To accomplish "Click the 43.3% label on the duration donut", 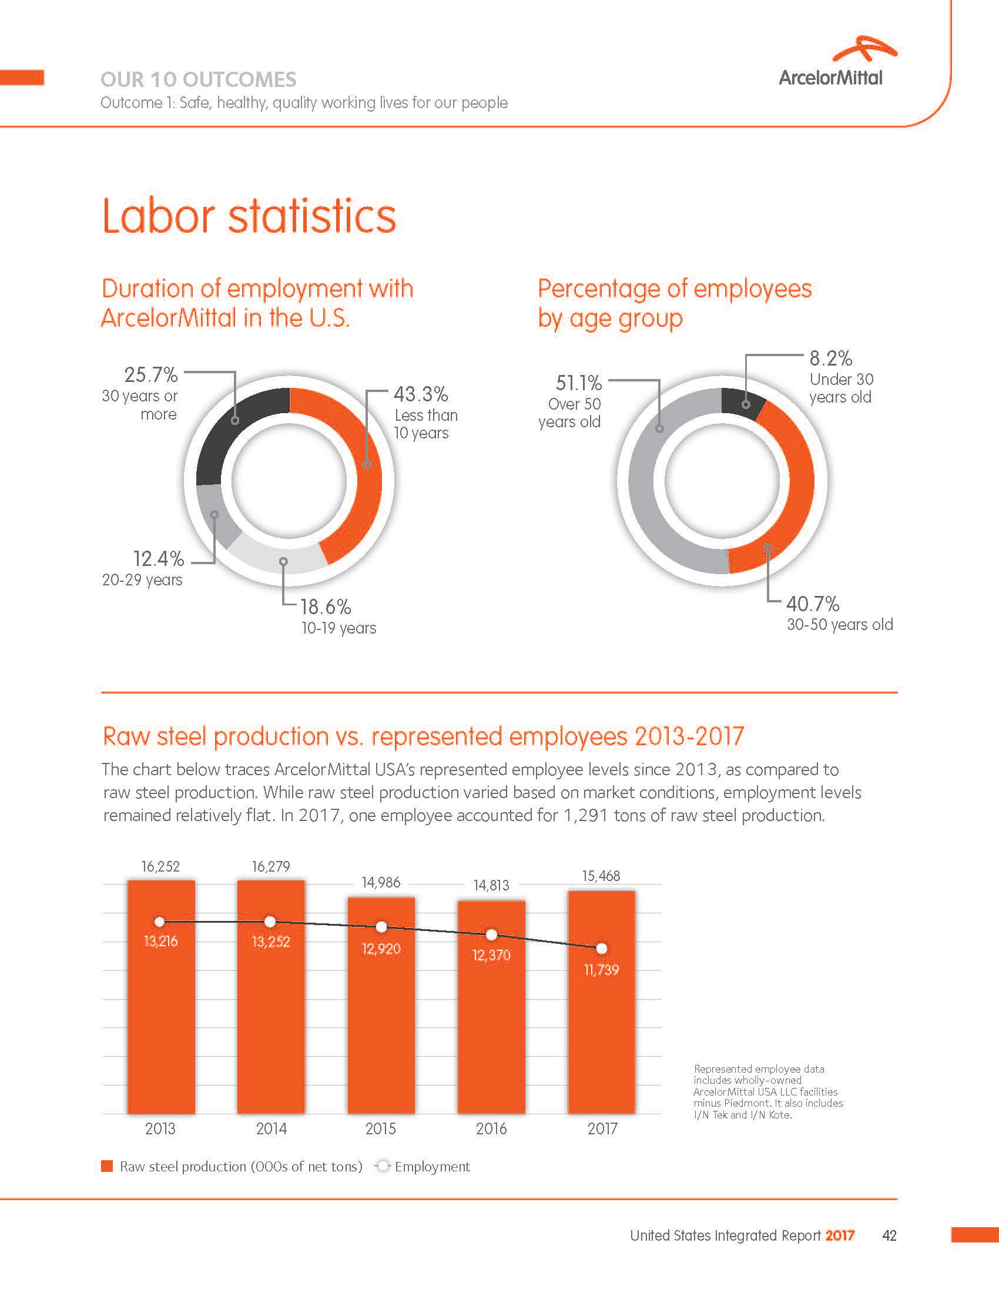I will tap(421, 394).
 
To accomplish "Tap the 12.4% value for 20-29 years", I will tap(158, 559).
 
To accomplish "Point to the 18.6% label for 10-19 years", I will tap(326, 607).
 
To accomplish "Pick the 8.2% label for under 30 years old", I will tap(830, 359).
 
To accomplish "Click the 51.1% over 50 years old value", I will tap(578, 383).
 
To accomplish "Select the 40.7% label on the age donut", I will tap(812, 604).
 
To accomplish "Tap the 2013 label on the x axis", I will tap(160, 1128).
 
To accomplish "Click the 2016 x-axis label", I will tap(491, 1128).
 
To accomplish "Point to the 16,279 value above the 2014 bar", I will tap(271, 867).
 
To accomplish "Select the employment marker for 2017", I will tap(601, 949).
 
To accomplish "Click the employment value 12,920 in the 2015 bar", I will tap(381, 949).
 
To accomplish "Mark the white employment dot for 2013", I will tap(160, 922).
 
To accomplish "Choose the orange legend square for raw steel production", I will tap(107, 1166).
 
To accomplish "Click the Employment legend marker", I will tap(383, 1166).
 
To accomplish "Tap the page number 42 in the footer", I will tap(889, 1235).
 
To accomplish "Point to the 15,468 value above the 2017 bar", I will tap(601, 876).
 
